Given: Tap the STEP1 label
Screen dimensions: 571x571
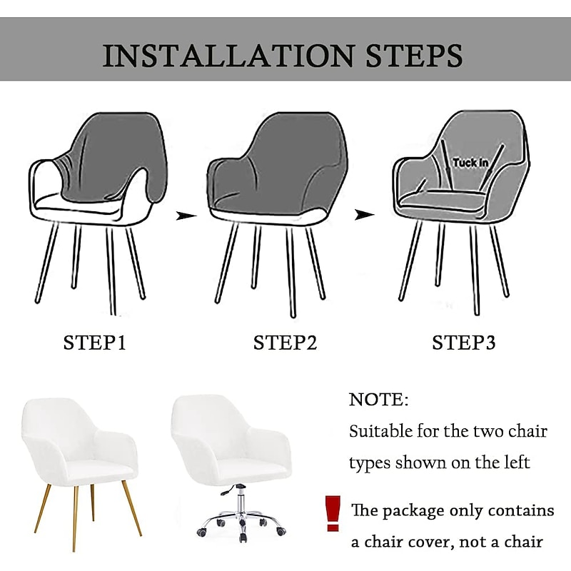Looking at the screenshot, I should click(x=95, y=343).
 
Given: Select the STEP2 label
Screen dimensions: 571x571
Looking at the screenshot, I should click(x=285, y=343).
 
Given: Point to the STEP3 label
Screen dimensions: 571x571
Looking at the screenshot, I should click(x=464, y=343).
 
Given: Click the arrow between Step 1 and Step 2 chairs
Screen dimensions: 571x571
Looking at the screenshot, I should click(x=186, y=214).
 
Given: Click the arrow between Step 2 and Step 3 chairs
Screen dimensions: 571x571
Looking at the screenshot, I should click(x=365, y=214).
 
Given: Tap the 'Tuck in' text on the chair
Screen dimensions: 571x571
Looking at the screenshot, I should click(x=470, y=163).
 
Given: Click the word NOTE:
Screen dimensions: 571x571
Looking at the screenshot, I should click(x=379, y=400).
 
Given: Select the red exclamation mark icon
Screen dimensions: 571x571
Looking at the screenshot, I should click(x=331, y=512).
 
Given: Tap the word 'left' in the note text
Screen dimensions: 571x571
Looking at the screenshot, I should click(x=514, y=463).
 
